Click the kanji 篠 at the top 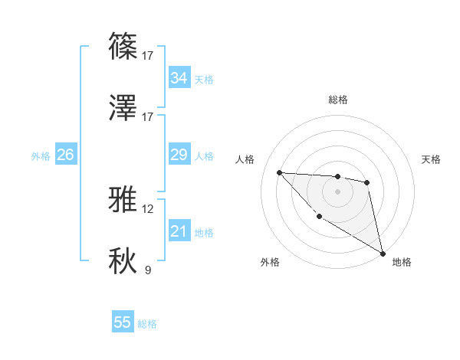pos(123,47)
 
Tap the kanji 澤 pos(123,108)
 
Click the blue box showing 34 pos(179,78)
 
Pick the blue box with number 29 pos(179,155)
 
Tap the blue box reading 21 pos(179,231)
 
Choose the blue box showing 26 pos(65,155)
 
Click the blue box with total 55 pos(123,322)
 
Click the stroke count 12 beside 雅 pos(147,208)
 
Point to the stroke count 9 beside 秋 pos(147,270)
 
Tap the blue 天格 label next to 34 pos(204,80)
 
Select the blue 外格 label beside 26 pos(41,156)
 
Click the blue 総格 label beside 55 pos(147,324)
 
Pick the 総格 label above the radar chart pos(337,100)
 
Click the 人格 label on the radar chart pos(245,159)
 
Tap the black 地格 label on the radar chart pos(402,262)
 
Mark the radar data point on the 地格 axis pos(383,254)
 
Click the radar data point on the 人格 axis pos(279,172)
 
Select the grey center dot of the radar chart pos(337,191)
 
